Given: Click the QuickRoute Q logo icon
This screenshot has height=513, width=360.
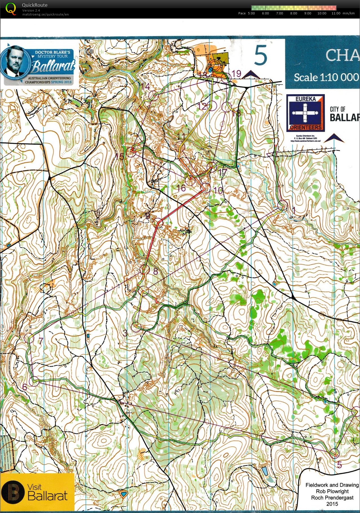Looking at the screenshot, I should [x=11, y=8].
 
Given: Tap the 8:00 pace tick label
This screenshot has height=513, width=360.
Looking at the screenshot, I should [x=293, y=13].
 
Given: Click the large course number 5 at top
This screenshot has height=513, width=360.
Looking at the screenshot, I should [x=260, y=56].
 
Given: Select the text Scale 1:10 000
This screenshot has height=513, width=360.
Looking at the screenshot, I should [x=326, y=77].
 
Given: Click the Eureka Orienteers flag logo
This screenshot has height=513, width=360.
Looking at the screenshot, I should [x=305, y=113].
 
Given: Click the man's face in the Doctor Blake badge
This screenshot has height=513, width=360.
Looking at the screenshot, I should [x=15, y=61].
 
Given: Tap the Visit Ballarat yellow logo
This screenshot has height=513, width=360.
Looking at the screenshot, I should [x=37, y=492].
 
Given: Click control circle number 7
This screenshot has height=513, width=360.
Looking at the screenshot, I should [x=30, y=338].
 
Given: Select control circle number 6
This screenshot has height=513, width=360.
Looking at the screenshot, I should [x=34, y=382].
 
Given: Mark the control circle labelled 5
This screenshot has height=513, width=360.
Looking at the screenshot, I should [x=334, y=453].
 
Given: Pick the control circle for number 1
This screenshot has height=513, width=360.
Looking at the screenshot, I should [x=283, y=205].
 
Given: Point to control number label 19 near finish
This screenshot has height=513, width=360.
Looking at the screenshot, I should [x=236, y=74].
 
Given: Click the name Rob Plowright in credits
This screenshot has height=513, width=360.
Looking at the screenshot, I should [x=332, y=491].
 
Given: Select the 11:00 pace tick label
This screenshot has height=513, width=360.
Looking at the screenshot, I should [x=336, y=13].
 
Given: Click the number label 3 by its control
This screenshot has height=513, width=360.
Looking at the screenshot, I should [x=125, y=333].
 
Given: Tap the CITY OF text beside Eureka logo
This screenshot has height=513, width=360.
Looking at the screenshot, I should [x=337, y=109].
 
